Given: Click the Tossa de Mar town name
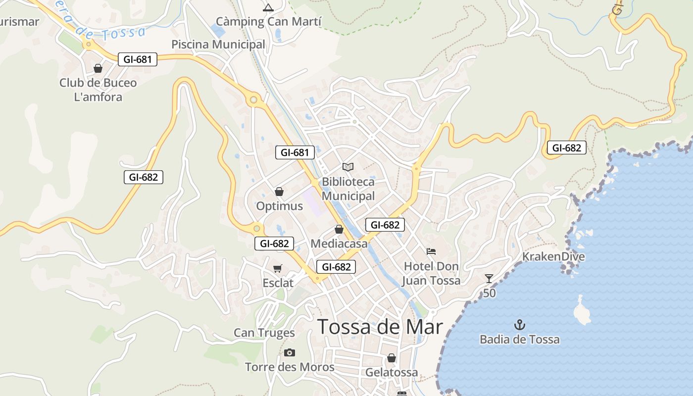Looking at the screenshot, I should click(380, 327).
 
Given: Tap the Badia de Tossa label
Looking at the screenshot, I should click(519, 340).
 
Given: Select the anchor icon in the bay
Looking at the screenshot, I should click(520, 325).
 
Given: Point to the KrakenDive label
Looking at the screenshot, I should click(553, 256).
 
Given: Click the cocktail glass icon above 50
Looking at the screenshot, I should click(489, 279).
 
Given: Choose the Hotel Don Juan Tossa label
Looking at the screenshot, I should click(431, 273).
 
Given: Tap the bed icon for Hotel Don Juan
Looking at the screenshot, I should click(431, 251).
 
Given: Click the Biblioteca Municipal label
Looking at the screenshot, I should click(348, 189).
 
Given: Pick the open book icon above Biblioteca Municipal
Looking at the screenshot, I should click(348, 167).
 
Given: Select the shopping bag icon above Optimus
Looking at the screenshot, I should click(279, 192).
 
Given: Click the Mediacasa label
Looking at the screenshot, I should click(339, 244).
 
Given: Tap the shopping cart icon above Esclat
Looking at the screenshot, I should click(278, 268).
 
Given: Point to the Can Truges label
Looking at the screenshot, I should click(264, 333).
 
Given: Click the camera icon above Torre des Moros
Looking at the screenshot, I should click(290, 352).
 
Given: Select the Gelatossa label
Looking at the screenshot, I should click(391, 372).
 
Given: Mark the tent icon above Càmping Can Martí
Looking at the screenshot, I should click(268, 7).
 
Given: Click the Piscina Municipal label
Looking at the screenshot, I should click(218, 45).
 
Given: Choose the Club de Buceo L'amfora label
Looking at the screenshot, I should click(98, 90).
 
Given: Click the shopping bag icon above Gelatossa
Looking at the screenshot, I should click(392, 357).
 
